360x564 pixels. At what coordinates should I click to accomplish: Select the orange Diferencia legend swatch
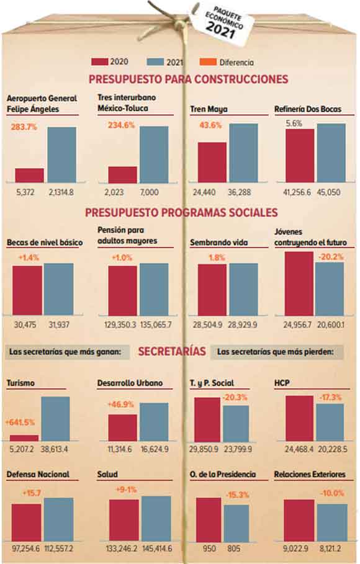[x=208, y=62]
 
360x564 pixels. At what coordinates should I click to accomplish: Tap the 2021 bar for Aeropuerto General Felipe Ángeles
[x=61, y=154]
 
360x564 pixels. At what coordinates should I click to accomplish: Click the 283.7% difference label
[x=24, y=127]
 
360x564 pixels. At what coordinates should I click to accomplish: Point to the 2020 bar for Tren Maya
[x=212, y=162]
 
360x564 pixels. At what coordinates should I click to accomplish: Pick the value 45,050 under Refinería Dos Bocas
[x=328, y=192]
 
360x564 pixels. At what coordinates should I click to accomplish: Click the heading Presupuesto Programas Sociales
[x=181, y=212]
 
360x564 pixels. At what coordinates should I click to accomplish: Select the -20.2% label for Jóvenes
[x=330, y=257]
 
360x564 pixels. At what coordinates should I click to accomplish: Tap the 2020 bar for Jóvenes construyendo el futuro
[x=299, y=284]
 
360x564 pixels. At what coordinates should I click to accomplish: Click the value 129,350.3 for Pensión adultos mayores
[x=120, y=325]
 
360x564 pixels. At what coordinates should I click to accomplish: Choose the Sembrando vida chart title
[x=219, y=243]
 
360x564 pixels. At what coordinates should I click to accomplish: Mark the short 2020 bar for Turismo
[x=24, y=438]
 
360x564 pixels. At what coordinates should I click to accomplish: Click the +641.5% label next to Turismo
[x=20, y=423]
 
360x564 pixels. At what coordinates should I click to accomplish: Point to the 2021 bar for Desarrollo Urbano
[x=154, y=422]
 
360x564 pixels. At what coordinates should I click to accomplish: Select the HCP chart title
[x=282, y=383]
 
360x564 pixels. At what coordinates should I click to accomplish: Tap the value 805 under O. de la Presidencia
[x=234, y=548]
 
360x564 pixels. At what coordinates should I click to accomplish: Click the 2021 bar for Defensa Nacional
[x=59, y=520]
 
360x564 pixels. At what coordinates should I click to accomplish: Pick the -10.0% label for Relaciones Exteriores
[x=332, y=493]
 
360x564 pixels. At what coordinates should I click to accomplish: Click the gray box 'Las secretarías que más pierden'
[x=277, y=352]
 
